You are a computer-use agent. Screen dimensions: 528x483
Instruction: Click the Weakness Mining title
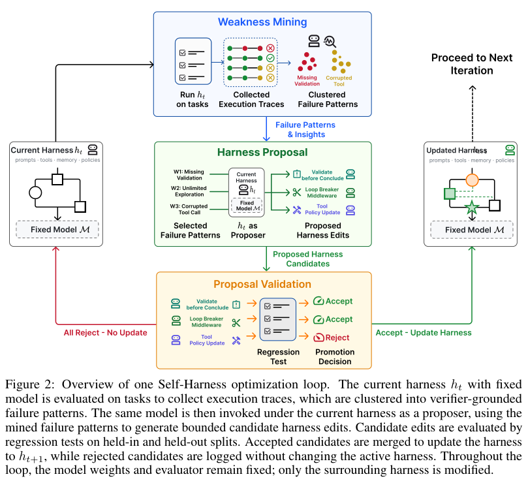click(262, 22)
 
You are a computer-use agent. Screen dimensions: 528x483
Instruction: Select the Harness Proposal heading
click(262, 152)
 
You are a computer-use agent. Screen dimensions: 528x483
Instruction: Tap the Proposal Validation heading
click(262, 285)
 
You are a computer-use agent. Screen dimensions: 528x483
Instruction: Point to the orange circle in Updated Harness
click(472, 180)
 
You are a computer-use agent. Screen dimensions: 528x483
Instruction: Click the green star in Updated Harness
click(472, 208)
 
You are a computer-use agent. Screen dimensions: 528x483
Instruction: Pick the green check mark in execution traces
click(270, 58)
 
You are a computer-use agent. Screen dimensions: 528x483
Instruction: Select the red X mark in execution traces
click(270, 48)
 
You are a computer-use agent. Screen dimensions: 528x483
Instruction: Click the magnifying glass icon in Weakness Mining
click(330, 42)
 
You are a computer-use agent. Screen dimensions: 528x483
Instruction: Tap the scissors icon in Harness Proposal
click(297, 193)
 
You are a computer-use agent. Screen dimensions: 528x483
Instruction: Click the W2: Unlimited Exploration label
click(189, 191)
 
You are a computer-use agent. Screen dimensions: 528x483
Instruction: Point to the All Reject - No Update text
click(105, 333)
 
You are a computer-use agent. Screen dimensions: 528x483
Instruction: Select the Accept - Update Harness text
click(424, 333)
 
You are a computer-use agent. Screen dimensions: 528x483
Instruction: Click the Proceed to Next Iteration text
click(472, 64)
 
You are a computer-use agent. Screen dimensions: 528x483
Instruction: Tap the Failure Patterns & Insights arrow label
click(305, 130)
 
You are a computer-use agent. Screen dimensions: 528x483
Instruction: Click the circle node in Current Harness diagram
click(35, 193)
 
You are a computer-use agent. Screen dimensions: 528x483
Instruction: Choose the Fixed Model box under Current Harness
click(57, 229)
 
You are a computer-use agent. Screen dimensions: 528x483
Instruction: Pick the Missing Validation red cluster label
click(307, 81)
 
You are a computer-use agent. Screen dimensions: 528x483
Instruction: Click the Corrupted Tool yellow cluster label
click(339, 81)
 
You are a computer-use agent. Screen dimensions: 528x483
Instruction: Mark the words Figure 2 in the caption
click(29, 384)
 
